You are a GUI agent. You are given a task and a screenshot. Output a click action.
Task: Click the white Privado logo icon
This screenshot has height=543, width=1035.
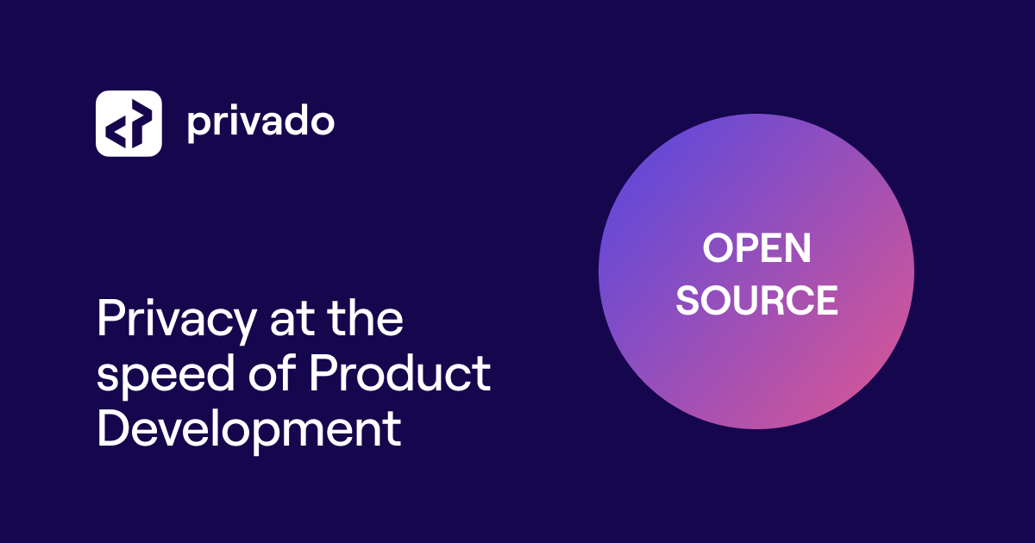(129, 123)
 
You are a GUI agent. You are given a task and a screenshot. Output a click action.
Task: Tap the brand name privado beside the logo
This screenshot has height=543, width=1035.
(260, 123)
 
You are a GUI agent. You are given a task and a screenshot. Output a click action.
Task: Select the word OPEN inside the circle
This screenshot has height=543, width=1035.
(756, 249)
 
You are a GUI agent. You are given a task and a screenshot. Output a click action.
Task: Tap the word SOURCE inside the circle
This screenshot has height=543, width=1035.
(756, 300)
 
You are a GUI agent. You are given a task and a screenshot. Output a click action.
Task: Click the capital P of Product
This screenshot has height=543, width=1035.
(323, 373)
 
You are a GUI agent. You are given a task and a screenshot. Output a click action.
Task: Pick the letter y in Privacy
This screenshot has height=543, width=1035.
(244, 327)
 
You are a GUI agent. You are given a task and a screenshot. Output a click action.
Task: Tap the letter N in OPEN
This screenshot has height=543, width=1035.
(798, 249)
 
